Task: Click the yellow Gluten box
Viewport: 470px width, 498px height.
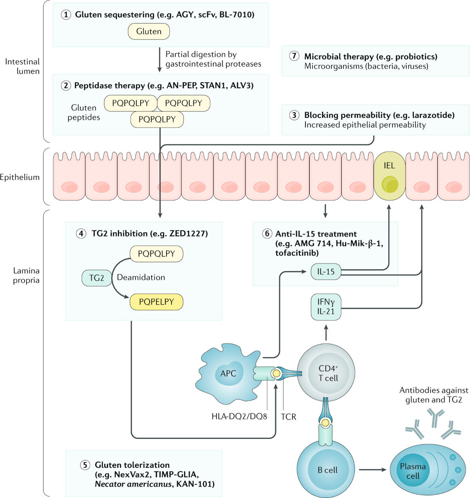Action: pos(149,31)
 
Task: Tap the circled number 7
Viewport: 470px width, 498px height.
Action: pos(294,56)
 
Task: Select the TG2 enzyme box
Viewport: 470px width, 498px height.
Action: pos(97,278)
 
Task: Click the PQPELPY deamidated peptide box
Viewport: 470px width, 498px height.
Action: pos(156,302)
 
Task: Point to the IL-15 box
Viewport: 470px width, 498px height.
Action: pos(326,272)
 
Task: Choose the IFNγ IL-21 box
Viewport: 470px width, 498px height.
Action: pos(326,307)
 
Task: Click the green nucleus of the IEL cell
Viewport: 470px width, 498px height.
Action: pos(390,184)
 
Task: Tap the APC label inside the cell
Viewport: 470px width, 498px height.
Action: pos(228,373)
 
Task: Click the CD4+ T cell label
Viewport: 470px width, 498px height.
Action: pos(328,373)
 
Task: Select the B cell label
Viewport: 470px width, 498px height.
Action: pos(327,470)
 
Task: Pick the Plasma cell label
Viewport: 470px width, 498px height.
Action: pos(413,471)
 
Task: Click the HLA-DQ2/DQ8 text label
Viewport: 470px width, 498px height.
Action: pos(239,417)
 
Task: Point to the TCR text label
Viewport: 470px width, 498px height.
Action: pos(289,417)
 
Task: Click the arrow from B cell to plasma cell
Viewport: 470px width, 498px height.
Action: pos(372,469)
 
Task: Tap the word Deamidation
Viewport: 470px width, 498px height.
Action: pos(141,277)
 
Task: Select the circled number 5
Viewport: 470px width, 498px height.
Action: pos(85,465)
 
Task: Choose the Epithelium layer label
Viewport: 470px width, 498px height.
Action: pos(20,177)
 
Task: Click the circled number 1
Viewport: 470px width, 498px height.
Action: pos(66,14)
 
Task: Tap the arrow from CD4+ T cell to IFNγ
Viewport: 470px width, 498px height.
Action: pos(326,332)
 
